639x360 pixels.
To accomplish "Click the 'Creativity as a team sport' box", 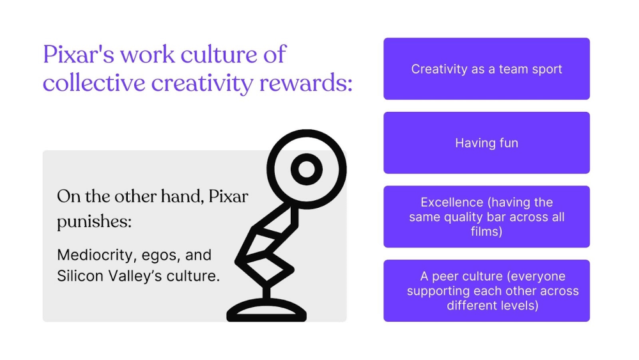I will click(x=486, y=69).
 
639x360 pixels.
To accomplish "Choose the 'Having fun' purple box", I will click(x=486, y=143).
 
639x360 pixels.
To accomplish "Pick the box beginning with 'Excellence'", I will click(x=486, y=217).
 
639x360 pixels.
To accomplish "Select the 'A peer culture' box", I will click(x=486, y=290).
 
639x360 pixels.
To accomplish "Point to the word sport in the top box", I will click(x=546, y=69).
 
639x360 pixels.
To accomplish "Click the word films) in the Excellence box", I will click(x=486, y=231).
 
